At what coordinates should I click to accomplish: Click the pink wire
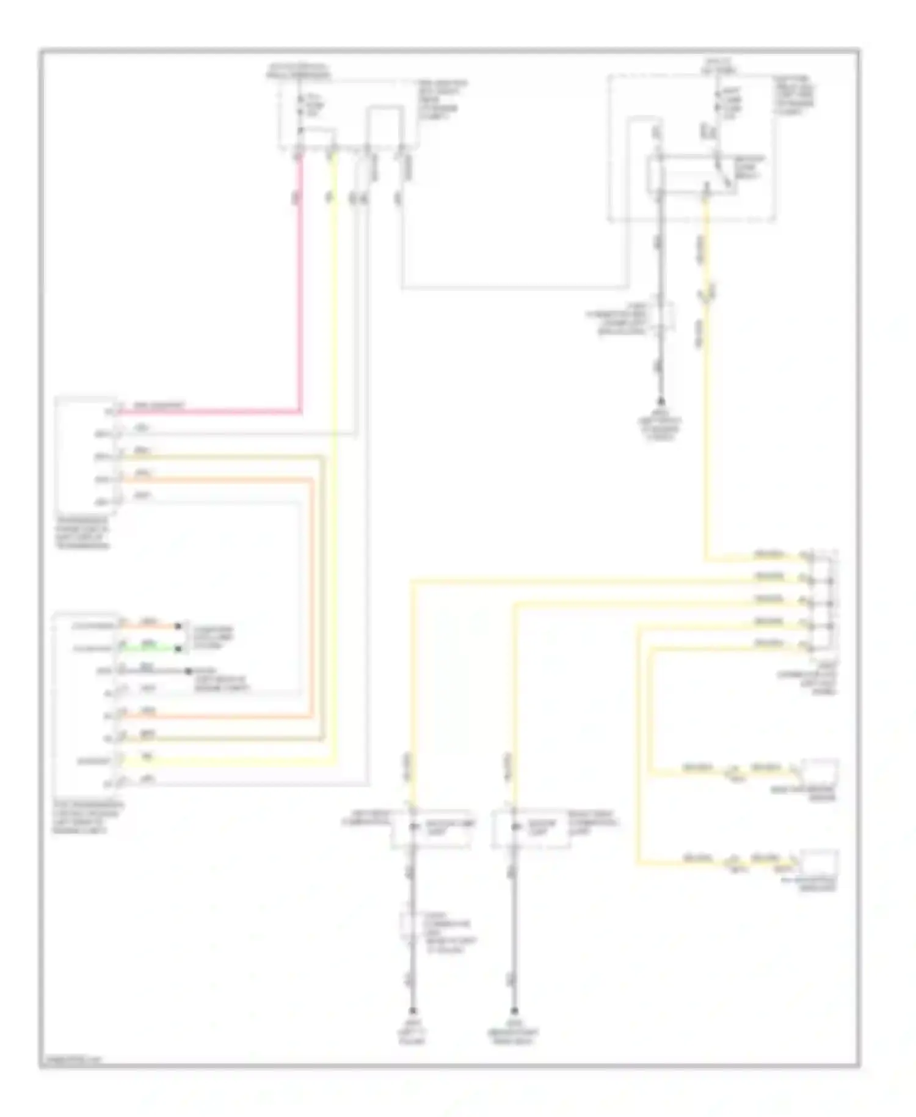point(300,293)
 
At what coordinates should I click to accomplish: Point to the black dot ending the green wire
point(178,648)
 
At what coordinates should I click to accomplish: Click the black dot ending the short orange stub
point(178,626)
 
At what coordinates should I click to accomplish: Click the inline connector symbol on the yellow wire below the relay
point(707,295)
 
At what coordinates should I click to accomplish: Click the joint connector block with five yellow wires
point(822,602)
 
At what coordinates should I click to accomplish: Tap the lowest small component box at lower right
point(820,862)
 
